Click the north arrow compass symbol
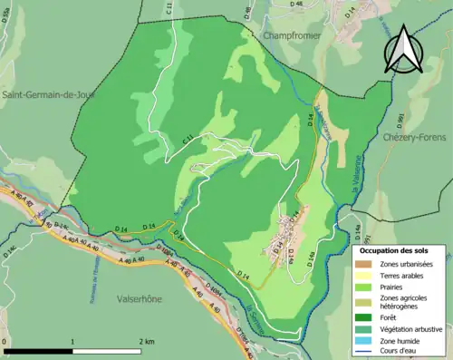(404, 49)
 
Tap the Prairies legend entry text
(395, 286)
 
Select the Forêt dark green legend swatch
(366, 316)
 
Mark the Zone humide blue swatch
(366, 340)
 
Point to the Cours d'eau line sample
(366, 351)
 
